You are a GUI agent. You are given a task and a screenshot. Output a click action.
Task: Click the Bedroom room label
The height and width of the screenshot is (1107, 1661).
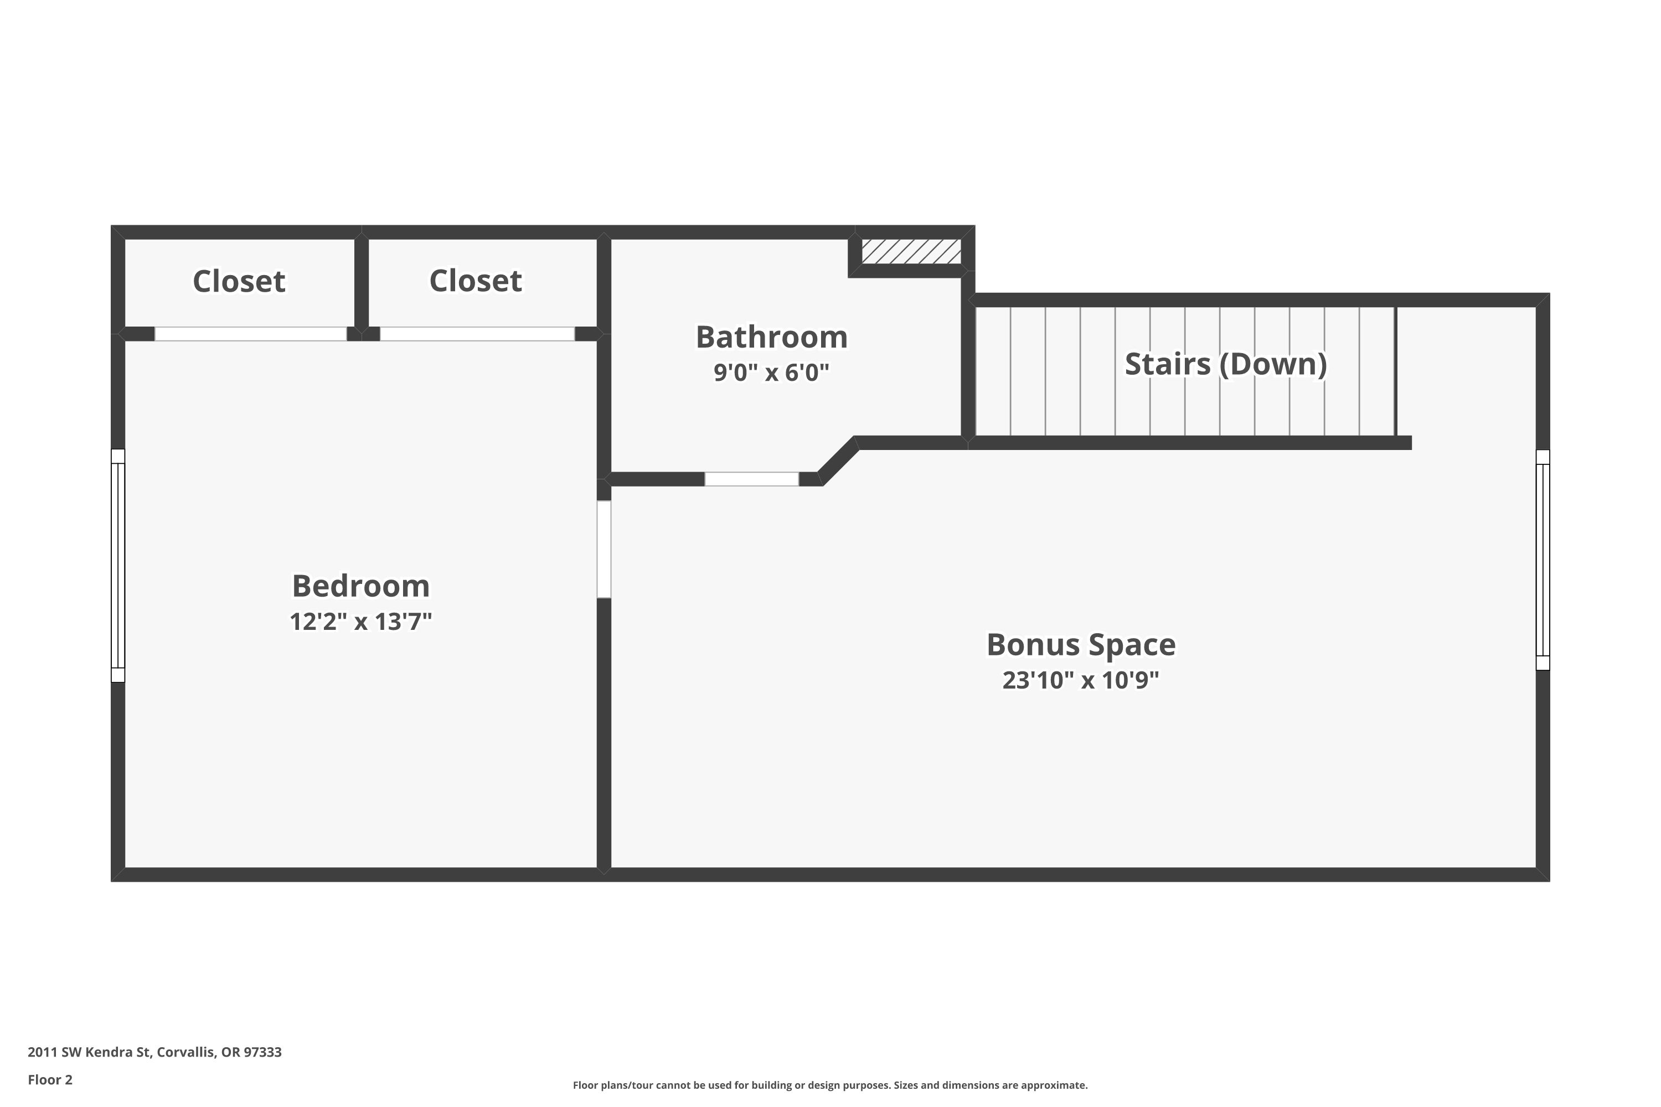(x=360, y=586)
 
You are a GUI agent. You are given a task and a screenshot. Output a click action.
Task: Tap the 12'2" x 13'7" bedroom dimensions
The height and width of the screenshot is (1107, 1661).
(x=360, y=621)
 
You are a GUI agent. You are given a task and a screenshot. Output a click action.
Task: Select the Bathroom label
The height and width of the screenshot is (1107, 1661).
(x=771, y=337)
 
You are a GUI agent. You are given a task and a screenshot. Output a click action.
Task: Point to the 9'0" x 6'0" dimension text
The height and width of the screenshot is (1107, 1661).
(x=771, y=372)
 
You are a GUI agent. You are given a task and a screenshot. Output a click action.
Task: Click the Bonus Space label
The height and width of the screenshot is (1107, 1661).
(x=1081, y=645)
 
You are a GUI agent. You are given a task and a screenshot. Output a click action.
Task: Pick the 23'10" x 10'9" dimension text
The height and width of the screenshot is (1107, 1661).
(x=1081, y=680)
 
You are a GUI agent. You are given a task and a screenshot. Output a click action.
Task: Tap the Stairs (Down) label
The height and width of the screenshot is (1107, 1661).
(x=1225, y=364)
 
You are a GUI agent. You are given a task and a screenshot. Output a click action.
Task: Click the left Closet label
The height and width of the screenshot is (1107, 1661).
(x=239, y=281)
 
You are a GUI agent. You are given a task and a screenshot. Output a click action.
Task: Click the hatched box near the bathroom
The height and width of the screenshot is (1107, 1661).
(x=911, y=251)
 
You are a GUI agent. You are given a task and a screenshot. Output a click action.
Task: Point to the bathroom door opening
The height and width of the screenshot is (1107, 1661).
(x=751, y=479)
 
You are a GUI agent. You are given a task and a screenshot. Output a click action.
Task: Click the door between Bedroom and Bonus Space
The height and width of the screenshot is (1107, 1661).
(x=604, y=549)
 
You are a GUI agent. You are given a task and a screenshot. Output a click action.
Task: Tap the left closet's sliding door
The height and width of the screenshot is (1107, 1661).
(x=251, y=334)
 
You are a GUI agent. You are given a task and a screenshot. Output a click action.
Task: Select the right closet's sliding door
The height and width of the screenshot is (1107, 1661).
(x=477, y=334)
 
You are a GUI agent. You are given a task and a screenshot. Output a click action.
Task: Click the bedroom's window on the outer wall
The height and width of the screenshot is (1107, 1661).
(x=118, y=566)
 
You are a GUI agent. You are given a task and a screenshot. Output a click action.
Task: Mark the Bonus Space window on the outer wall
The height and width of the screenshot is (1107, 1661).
(x=1543, y=560)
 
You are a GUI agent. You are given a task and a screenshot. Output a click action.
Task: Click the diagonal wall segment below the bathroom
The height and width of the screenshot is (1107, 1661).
(x=839, y=461)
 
